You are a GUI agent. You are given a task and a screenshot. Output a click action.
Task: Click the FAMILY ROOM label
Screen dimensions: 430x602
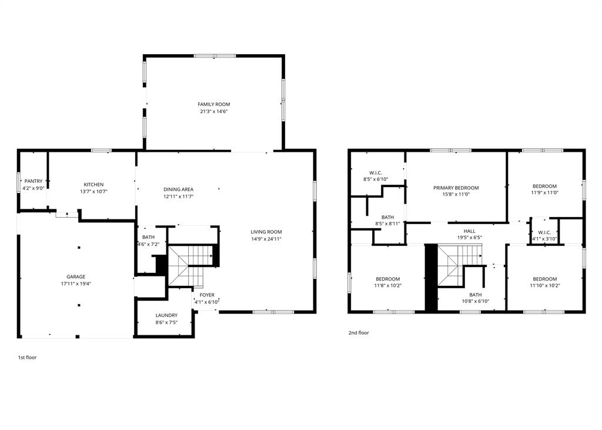213,104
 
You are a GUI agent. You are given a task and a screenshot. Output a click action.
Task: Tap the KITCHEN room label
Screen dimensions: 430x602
93,185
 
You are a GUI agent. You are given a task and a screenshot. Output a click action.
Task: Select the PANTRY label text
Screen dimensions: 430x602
33,181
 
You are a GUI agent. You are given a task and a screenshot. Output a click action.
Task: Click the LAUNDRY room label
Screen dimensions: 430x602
166,315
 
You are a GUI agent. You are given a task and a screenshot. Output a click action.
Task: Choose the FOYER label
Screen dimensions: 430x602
207,295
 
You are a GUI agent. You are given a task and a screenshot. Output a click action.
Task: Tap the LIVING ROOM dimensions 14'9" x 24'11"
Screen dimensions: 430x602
266,239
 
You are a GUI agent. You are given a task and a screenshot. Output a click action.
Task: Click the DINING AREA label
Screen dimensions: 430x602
178,189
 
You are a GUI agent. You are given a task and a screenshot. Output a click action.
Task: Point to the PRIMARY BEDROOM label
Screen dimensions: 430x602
456,188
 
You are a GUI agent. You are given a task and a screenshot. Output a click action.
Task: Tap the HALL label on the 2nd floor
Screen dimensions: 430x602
469,231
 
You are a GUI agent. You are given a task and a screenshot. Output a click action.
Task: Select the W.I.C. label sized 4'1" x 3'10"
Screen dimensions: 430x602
544,232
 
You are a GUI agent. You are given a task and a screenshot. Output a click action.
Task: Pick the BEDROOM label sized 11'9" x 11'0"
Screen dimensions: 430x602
544,186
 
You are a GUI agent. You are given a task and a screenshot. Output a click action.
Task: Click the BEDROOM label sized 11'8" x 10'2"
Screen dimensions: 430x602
388,279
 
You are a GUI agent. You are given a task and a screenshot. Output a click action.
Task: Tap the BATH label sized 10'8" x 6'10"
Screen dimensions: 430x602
475,295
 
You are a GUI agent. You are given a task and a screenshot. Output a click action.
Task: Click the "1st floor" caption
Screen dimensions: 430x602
27,357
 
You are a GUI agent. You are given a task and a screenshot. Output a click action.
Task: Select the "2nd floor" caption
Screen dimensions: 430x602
359,332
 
